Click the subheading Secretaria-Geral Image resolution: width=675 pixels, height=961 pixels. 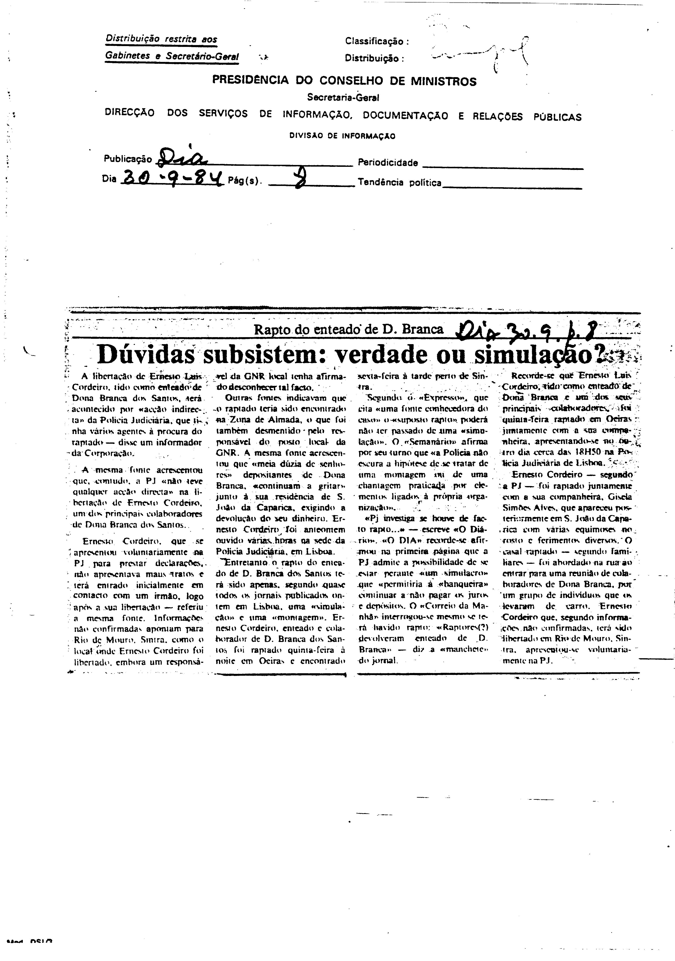343,97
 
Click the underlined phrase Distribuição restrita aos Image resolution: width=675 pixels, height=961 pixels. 161,39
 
